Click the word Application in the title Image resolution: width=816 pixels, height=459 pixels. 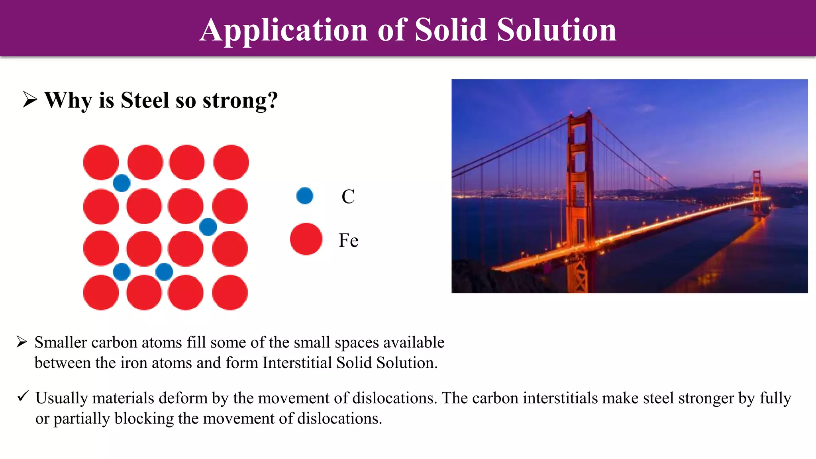pyautogui.click(x=283, y=30)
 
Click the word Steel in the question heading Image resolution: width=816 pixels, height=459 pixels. pyautogui.click(x=145, y=100)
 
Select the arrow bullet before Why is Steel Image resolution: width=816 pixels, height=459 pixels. pyautogui.click(x=30, y=100)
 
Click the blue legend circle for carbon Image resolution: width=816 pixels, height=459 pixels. pyautogui.click(x=305, y=196)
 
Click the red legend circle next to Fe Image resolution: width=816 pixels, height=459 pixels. pyautogui.click(x=306, y=239)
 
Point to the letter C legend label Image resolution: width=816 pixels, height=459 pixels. pyautogui.click(x=348, y=196)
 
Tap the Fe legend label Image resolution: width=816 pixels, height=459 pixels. pyautogui.click(x=348, y=240)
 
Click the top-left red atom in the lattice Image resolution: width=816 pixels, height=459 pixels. pyautogui.click(x=101, y=162)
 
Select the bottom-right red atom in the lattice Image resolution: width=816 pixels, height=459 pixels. pyautogui.click(x=230, y=292)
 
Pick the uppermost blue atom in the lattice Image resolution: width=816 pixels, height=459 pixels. pyautogui.click(x=122, y=183)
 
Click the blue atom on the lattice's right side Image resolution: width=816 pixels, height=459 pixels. pyautogui.click(x=208, y=227)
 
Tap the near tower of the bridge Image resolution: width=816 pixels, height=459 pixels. pyautogui.click(x=579, y=191)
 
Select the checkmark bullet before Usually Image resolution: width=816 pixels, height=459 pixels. pyautogui.click(x=23, y=396)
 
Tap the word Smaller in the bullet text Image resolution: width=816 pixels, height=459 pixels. pyautogui.click(x=61, y=343)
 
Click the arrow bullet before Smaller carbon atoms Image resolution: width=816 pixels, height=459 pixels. pyautogui.click(x=22, y=342)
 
